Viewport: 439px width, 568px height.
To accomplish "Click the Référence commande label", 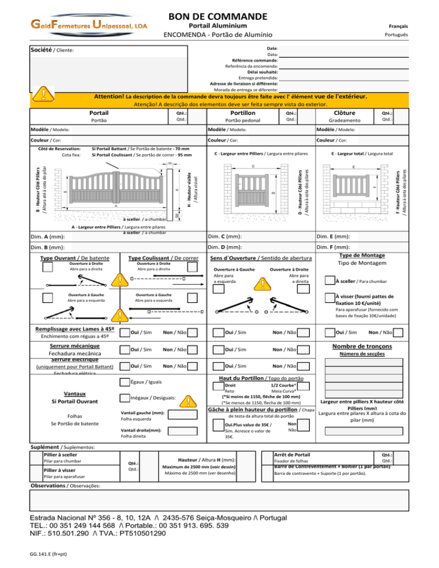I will click(254, 61).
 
